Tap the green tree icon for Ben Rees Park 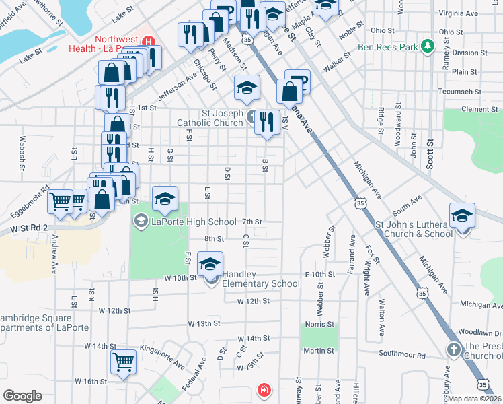[x=427, y=46]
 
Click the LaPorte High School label [x=194, y=222]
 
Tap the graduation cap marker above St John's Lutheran [x=462, y=216]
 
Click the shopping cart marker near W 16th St [x=123, y=362]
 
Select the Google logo [x=22, y=396]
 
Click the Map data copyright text [x=474, y=399]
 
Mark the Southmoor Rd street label [x=402, y=355]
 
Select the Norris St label [x=315, y=324]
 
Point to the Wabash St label [x=22, y=151]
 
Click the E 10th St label [x=319, y=275]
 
